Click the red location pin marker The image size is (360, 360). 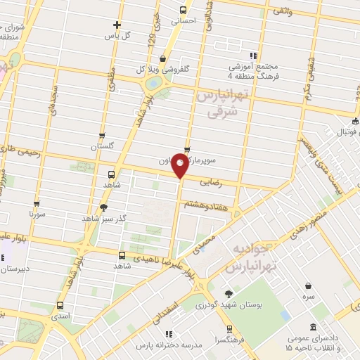pyautogui.click(x=181, y=167)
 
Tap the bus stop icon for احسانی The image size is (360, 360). pyautogui.click(x=184, y=10)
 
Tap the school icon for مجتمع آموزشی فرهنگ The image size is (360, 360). pyautogui.click(x=254, y=56)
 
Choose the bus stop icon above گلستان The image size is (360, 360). pyautogui.click(x=102, y=136)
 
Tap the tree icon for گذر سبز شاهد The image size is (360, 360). pyautogui.click(x=104, y=207)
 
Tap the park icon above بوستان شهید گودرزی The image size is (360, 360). pyautogui.click(x=229, y=294)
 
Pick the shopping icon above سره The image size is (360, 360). pyautogui.click(x=309, y=286)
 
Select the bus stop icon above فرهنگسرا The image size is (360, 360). pyautogui.click(x=229, y=329)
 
